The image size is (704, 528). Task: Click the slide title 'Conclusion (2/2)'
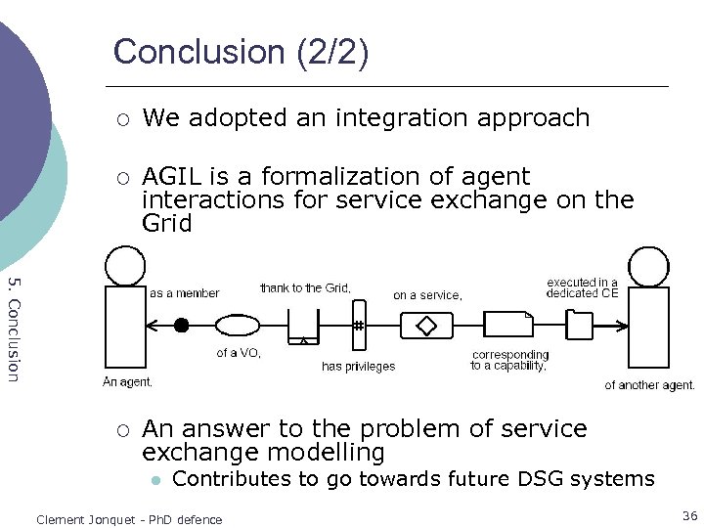(x=241, y=51)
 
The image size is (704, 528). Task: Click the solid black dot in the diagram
(x=181, y=325)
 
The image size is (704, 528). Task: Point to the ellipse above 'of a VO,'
(x=237, y=325)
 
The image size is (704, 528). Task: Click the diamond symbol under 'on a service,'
(x=425, y=325)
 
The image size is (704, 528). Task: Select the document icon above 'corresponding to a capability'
(x=507, y=325)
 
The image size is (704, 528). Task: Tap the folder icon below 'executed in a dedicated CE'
(x=581, y=324)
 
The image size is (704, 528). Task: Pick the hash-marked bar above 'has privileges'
(x=359, y=324)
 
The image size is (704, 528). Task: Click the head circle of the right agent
(x=648, y=265)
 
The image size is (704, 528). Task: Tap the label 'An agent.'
(x=127, y=382)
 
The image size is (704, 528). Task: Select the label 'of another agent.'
(x=649, y=385)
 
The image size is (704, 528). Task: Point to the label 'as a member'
(x=184, y=293)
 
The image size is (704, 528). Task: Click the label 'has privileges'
(x=358, y=367)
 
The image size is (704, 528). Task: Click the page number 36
(x=690, y=515)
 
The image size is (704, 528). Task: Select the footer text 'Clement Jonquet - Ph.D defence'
(x=129, y=519)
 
